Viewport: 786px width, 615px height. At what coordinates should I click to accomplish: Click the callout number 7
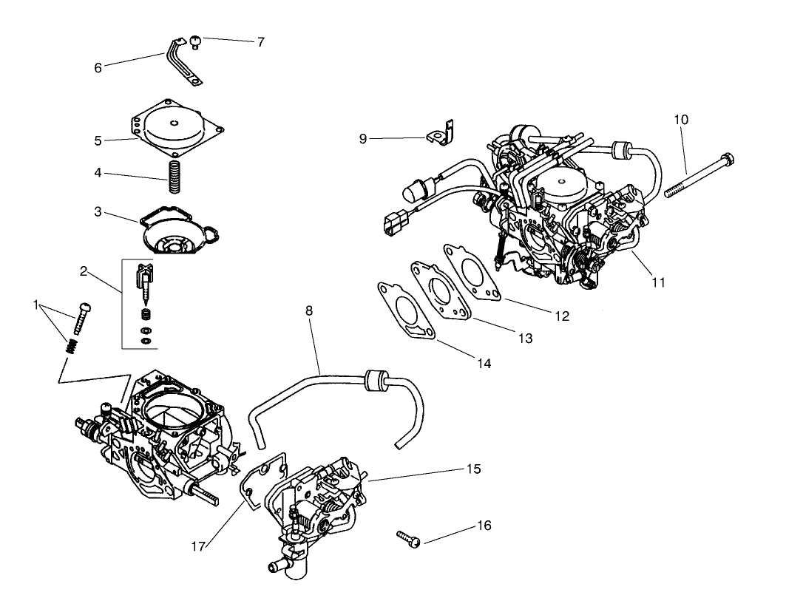[260, 42]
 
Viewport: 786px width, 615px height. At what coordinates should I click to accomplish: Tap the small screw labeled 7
[196, 41]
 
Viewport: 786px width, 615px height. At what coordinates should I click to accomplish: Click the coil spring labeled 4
[175, 177]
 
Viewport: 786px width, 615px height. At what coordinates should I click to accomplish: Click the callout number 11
[658, 282]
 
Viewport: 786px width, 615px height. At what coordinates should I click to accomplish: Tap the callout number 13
[524, 339]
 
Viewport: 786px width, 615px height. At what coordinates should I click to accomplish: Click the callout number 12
[561, 316]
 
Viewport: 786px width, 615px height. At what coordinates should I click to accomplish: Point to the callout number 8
[309, 311]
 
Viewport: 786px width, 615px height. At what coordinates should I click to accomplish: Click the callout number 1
[36, 305]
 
